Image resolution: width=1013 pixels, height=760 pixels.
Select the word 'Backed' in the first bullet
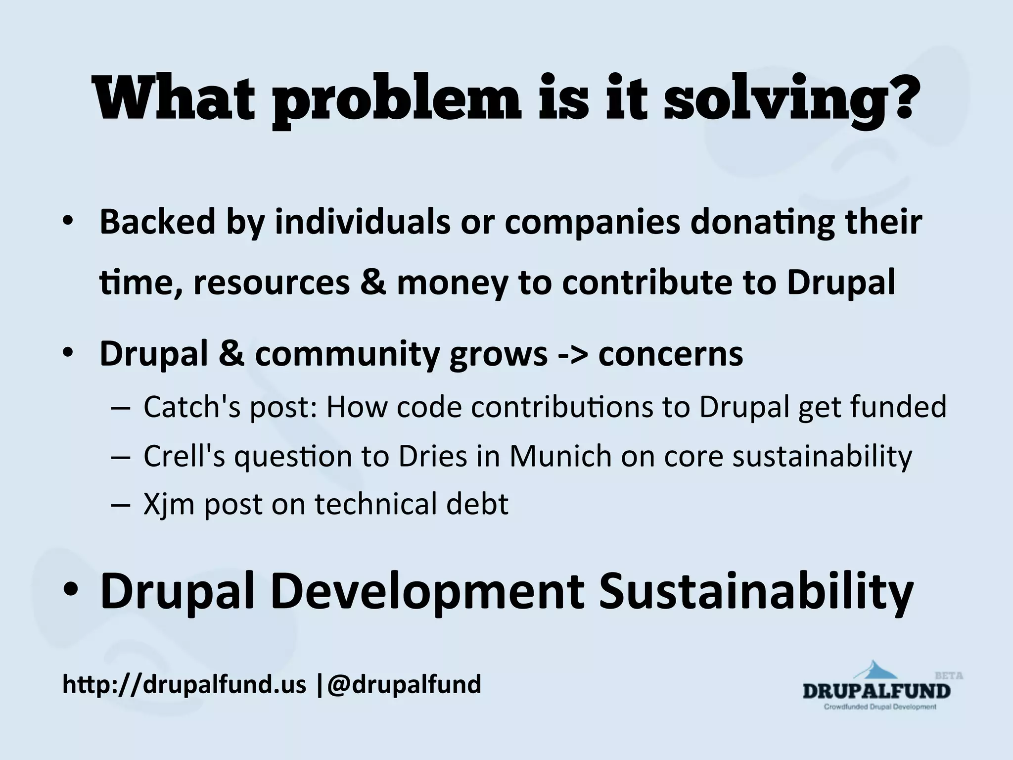158,222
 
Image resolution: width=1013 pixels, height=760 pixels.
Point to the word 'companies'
592,222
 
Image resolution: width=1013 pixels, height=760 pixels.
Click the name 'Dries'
432,456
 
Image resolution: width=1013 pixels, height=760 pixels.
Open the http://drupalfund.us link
184,685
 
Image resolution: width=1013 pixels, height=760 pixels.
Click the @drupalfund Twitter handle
404,684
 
